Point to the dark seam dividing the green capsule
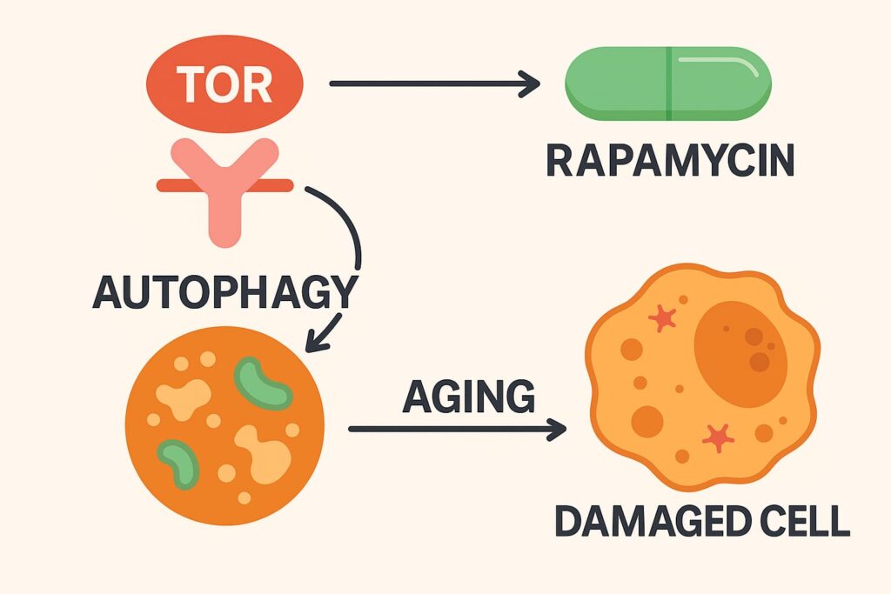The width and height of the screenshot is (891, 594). (x=668, y=83)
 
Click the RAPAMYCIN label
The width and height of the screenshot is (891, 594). (x=669, y=162)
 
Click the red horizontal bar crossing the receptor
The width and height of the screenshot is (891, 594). (x=224, y=184)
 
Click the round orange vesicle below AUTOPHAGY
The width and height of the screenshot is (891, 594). (x=224, y=425)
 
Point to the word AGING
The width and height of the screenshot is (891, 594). (x=469, y=397)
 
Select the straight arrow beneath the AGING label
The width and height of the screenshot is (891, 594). (x=457, y=429)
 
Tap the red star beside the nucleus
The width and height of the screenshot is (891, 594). (x=663, y=319)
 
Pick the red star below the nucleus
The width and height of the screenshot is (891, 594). (x=717, y=437)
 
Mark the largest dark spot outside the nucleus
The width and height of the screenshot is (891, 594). (x=646, y=421)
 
